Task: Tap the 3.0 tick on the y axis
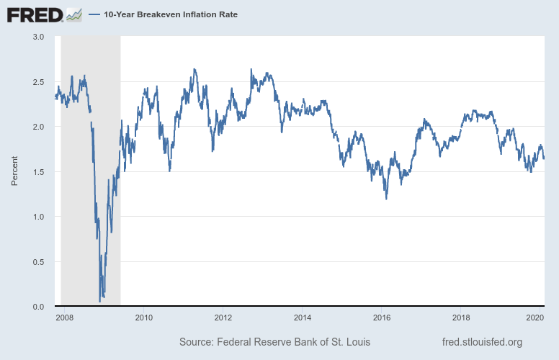click(37, 37)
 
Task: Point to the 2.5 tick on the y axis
click(37, 82)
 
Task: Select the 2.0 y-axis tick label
click(37, 127)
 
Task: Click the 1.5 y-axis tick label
click(37, 172)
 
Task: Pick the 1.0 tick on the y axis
click(37, 217)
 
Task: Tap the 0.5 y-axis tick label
click(37, 262)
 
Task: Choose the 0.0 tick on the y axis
click(37, 307)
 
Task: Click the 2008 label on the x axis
click(64, 318)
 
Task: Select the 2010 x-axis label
click(143, 318)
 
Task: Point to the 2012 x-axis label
click(223, 318)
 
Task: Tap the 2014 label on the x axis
click(302, 318)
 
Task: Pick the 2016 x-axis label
click(381, 318)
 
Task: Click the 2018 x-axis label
click(461, 318)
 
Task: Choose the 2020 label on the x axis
click(535, 318)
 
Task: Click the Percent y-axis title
click(14, 171)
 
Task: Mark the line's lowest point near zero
click(99, 301)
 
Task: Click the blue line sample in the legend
click(94, 14)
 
